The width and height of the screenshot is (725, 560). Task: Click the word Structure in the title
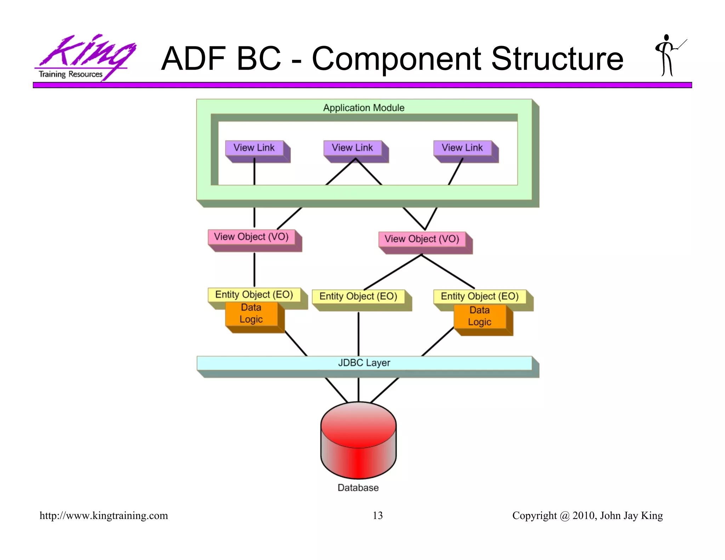[x=557, y=59]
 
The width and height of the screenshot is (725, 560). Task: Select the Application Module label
[x=364, y=108]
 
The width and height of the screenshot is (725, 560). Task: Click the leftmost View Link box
[x=255, y=148]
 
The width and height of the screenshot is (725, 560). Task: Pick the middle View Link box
[x=353, y=148]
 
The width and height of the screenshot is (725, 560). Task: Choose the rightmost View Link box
[x=462, y=148]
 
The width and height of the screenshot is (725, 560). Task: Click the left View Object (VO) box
[x=251, y=237]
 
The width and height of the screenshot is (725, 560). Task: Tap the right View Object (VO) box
[x=422, y=239]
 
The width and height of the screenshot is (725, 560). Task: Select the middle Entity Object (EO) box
[x=358, y=296]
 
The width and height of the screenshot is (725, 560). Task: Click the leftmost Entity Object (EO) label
[x=254, y=295]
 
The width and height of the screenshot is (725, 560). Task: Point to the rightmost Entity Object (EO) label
[x=480, y=296]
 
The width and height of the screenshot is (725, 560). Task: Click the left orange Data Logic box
[x=251, y=314]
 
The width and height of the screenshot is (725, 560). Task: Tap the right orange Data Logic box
[x=480, y=316]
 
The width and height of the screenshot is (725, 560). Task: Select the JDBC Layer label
[x=364, y=363]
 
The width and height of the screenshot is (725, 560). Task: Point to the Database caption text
[x=358, y=488]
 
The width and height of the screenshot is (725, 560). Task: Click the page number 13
[x=377, y=515]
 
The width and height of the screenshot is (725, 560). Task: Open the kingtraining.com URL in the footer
[x=104, y=515]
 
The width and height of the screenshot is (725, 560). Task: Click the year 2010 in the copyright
[x=583, y=515]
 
